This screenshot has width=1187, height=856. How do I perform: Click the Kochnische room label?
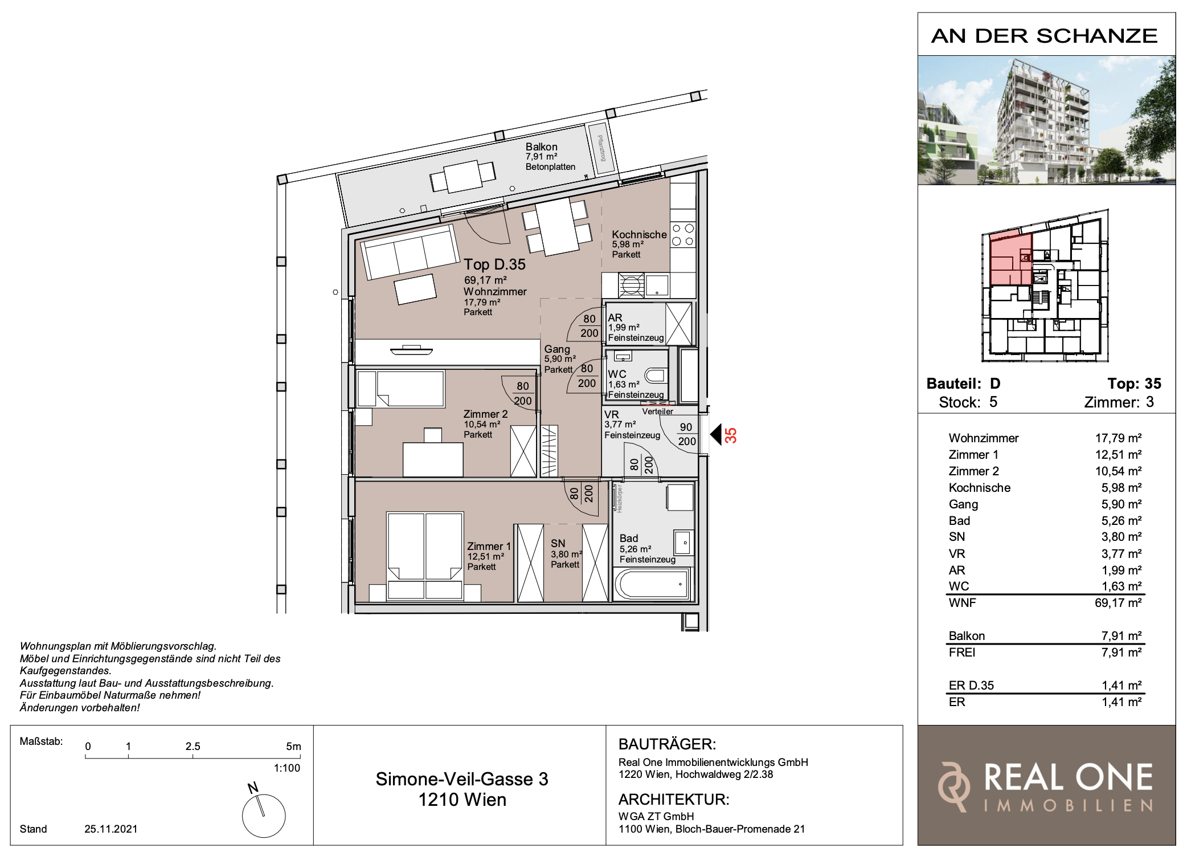pos(639,234)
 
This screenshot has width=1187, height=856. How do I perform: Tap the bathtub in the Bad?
pos(652,584)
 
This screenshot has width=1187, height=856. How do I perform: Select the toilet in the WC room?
pos(656,376)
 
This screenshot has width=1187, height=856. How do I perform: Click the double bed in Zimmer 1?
pos(425,556)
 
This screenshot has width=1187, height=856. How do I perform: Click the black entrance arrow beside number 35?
pos(716,435)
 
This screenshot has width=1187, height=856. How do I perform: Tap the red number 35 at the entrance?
pos(731,435)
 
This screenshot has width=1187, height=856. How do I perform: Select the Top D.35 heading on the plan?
pos(494,264)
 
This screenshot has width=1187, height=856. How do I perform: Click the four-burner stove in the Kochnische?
pos(683,235)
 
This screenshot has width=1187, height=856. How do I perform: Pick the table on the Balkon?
pos(462,176)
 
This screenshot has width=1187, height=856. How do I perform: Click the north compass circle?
pos(264,816)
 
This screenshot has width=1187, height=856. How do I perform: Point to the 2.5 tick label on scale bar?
pos(193,746)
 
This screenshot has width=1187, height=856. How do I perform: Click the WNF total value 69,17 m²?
pos(1118,603)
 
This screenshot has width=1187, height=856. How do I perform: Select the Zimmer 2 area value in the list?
pos(1118,471)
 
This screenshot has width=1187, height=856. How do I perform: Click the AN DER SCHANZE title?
pos(1045,36)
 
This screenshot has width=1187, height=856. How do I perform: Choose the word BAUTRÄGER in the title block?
pos(667,744)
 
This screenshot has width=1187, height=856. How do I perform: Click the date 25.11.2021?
pos(111,829)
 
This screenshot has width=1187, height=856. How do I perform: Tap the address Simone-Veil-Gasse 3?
pos(462,779)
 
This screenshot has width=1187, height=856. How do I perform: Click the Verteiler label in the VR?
pos(657,411)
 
